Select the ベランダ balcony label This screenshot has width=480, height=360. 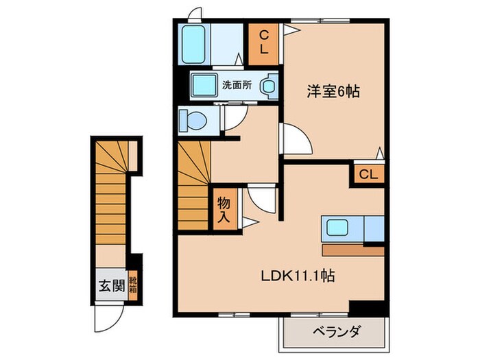pos(335,333)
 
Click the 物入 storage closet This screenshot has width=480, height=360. pos(224,208)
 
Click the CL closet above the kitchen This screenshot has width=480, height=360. pos(368,174)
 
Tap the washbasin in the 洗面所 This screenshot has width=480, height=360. pos(269,86)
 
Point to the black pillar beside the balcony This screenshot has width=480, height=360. pos(366,308)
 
